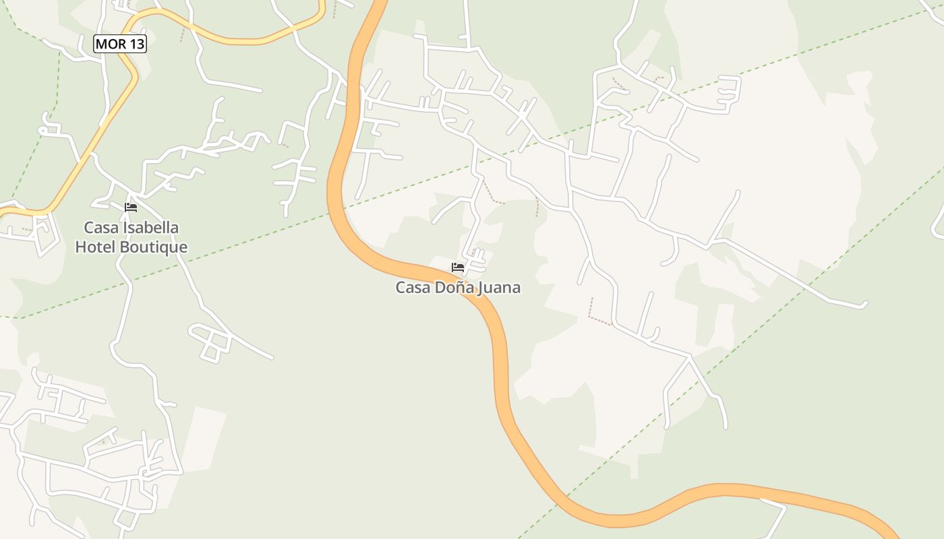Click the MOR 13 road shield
pyautogui.click(x=120, y=44)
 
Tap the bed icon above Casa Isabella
pyautogui.click(x=131, y=207)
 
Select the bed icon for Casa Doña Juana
pyautogui.click(x=458, y=267)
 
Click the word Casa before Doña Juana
pyautogui.click(x=411, y=288)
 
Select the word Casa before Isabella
pyautogui.click(x=99, y=228)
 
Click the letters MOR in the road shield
pyautogui.click(x=110, y=44)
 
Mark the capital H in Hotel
pyautogui.click(x=80, y=247)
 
